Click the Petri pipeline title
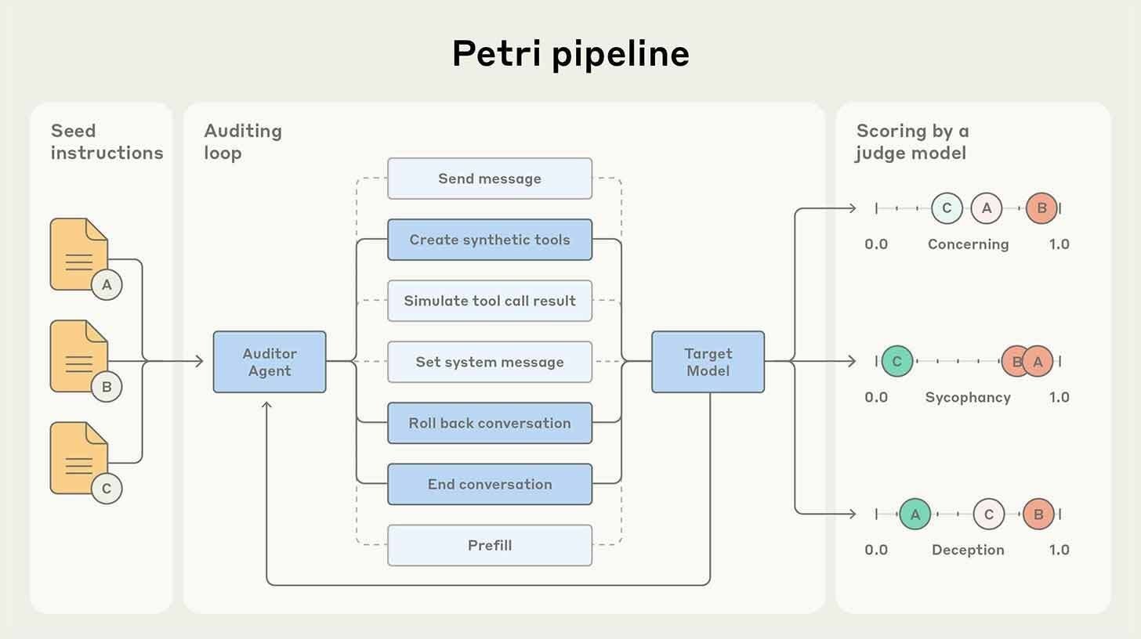570,54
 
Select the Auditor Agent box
270,362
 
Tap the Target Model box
708,362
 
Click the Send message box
490,179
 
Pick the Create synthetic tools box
490,240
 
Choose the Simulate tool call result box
490,301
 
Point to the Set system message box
490,362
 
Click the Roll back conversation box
490,423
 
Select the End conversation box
490,484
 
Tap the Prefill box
490,545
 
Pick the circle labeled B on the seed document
107,387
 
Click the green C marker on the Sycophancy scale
896,362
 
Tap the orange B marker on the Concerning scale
1041,208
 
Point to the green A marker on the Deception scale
915,514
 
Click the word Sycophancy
968,397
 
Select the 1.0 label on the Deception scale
1059,550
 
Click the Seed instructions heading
107,142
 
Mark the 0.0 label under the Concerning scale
876,244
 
